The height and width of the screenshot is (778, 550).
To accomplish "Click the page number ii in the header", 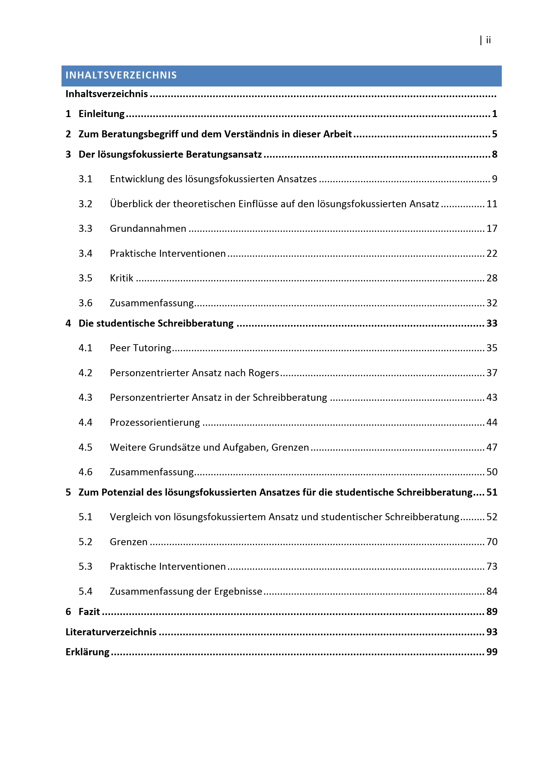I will coord(488,40).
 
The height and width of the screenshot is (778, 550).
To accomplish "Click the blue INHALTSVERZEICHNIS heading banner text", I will coord(121,75).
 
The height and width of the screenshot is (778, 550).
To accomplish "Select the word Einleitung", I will coord(102,114).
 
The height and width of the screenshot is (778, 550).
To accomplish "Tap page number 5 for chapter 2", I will coord(494,134).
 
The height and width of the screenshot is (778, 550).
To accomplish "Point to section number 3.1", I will coord(85,179).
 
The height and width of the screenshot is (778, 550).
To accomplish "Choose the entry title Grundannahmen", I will coord(148,229).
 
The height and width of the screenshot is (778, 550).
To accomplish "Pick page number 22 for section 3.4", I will coord(492,253).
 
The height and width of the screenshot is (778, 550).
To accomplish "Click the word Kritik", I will coord(122,278).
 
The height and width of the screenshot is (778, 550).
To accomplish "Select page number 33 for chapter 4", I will coord(492,323).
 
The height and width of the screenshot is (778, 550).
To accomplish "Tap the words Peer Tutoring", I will coord(141,348).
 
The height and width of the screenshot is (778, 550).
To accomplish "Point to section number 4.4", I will coord(85,422).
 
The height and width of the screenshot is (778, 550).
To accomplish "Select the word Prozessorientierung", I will coord(155,422).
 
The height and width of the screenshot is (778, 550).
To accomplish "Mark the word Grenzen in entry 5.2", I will coord(129,542).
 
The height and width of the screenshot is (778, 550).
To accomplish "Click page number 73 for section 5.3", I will coord(492,566).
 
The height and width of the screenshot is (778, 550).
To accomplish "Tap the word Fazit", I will coord(89,612).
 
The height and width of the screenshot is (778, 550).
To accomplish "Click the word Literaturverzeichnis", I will coord(111,632).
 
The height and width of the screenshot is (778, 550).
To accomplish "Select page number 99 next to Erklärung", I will coord(492,652).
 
